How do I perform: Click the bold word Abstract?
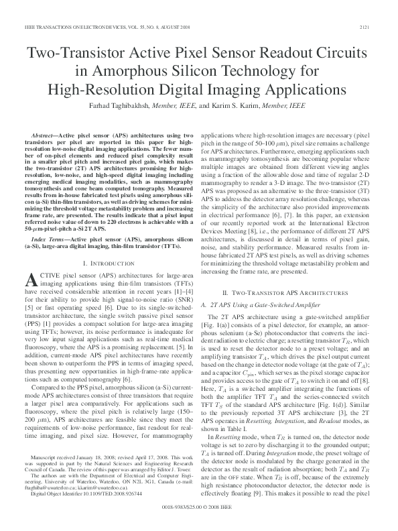click(44, 135)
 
